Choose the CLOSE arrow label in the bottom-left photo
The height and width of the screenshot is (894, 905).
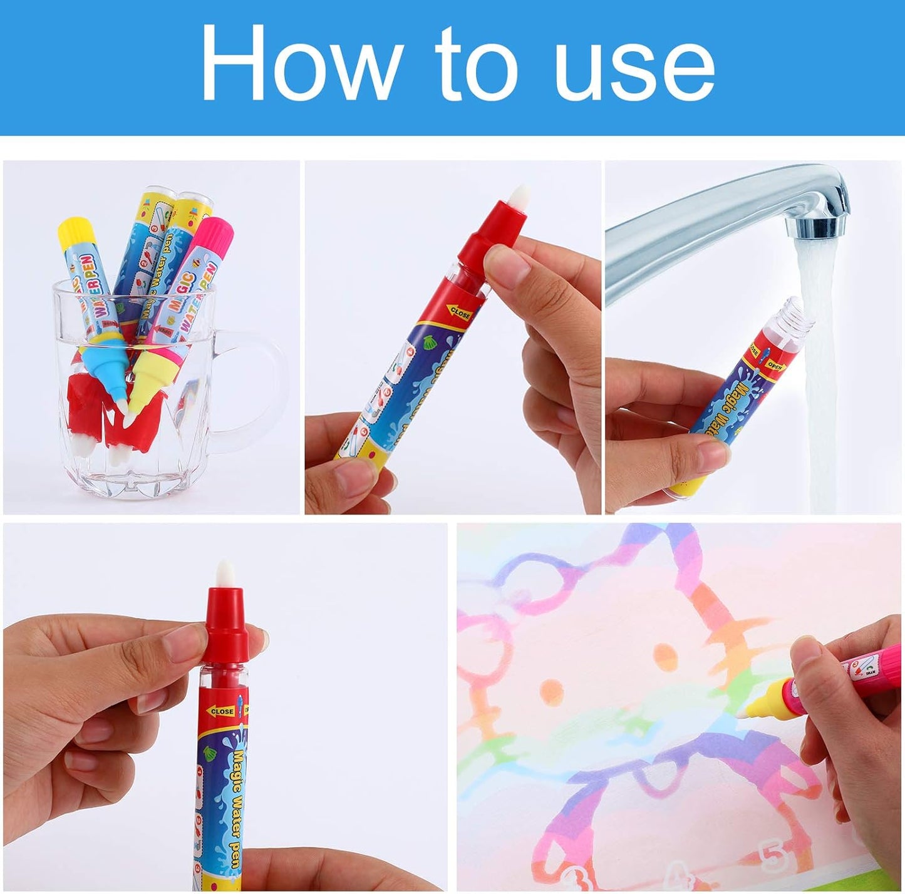coord(220,711)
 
